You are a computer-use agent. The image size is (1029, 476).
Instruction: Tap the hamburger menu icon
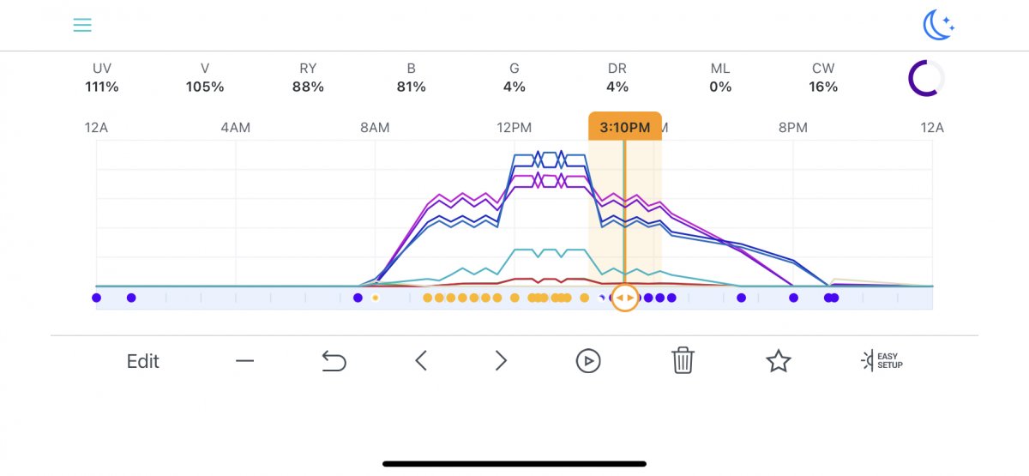82,26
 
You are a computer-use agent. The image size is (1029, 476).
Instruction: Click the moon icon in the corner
938,26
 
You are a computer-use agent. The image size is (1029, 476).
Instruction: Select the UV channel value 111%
102,87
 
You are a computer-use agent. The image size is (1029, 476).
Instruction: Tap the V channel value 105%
205,87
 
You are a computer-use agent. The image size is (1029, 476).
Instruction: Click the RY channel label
308,69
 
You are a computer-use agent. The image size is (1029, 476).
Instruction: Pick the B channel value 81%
412,87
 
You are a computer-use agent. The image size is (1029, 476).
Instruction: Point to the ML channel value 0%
720,87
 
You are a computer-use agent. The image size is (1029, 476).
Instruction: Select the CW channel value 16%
823,87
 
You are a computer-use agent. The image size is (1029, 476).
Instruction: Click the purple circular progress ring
926,79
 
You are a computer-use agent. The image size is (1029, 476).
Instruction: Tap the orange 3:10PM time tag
624,127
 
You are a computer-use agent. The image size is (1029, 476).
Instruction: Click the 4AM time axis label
236,128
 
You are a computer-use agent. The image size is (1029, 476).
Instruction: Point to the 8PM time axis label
792,128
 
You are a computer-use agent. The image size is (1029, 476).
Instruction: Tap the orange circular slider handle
625,298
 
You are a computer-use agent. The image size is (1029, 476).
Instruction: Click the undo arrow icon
334,362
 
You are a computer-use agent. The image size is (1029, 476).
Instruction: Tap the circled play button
588,361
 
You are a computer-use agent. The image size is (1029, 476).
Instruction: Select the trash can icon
683,361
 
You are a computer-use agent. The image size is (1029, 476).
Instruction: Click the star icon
778,361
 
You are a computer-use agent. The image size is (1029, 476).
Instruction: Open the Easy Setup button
882,361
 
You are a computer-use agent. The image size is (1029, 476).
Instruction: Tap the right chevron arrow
502,361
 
